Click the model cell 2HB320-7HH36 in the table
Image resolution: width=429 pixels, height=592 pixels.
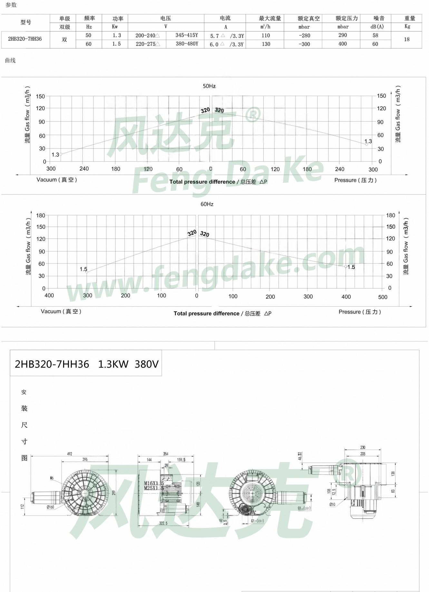click(25, 39)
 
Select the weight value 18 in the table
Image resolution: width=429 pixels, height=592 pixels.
click(406, 39)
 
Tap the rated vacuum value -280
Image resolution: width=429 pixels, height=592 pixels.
click(304, 35)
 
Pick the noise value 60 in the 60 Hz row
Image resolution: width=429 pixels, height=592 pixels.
click(375, 44)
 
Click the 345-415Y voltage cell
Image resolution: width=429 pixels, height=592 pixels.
click(187, 35)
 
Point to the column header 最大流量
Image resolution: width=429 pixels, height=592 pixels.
click(270, 18)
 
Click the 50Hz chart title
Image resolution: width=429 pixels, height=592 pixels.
click(209, 86)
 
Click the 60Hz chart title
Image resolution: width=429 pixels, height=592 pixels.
click(207, 204)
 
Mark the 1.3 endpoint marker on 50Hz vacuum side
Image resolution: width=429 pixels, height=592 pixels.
click(61, 154)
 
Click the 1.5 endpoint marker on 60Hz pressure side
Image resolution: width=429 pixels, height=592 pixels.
click(346, 267)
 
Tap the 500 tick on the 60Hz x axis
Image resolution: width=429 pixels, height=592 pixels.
click(383, 297)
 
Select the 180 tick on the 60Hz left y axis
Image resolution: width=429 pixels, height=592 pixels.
click(41, 215)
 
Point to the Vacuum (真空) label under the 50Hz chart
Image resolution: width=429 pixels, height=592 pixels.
click(57, 180)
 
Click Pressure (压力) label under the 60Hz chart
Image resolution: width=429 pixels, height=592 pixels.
click(360, 312)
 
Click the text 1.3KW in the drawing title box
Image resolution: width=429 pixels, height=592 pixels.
click(113, 364)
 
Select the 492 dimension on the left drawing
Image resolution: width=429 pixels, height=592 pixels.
click(70, 454)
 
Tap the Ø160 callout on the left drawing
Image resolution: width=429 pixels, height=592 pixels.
click(51, 507)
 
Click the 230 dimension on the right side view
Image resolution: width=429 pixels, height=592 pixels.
click(363, 447)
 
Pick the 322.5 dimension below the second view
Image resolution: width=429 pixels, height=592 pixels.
click(163, 523)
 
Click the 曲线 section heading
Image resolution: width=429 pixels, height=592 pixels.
click(10, 60)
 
